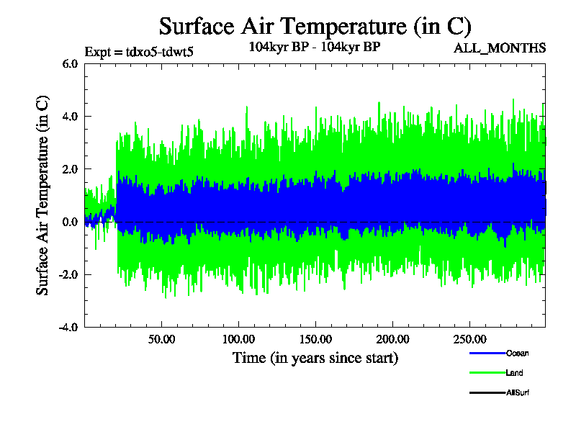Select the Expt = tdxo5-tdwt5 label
139,51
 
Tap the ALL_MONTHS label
500,48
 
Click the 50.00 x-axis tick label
162,339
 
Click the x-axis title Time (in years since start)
315,357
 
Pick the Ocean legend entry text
517,354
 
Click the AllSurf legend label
518,392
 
